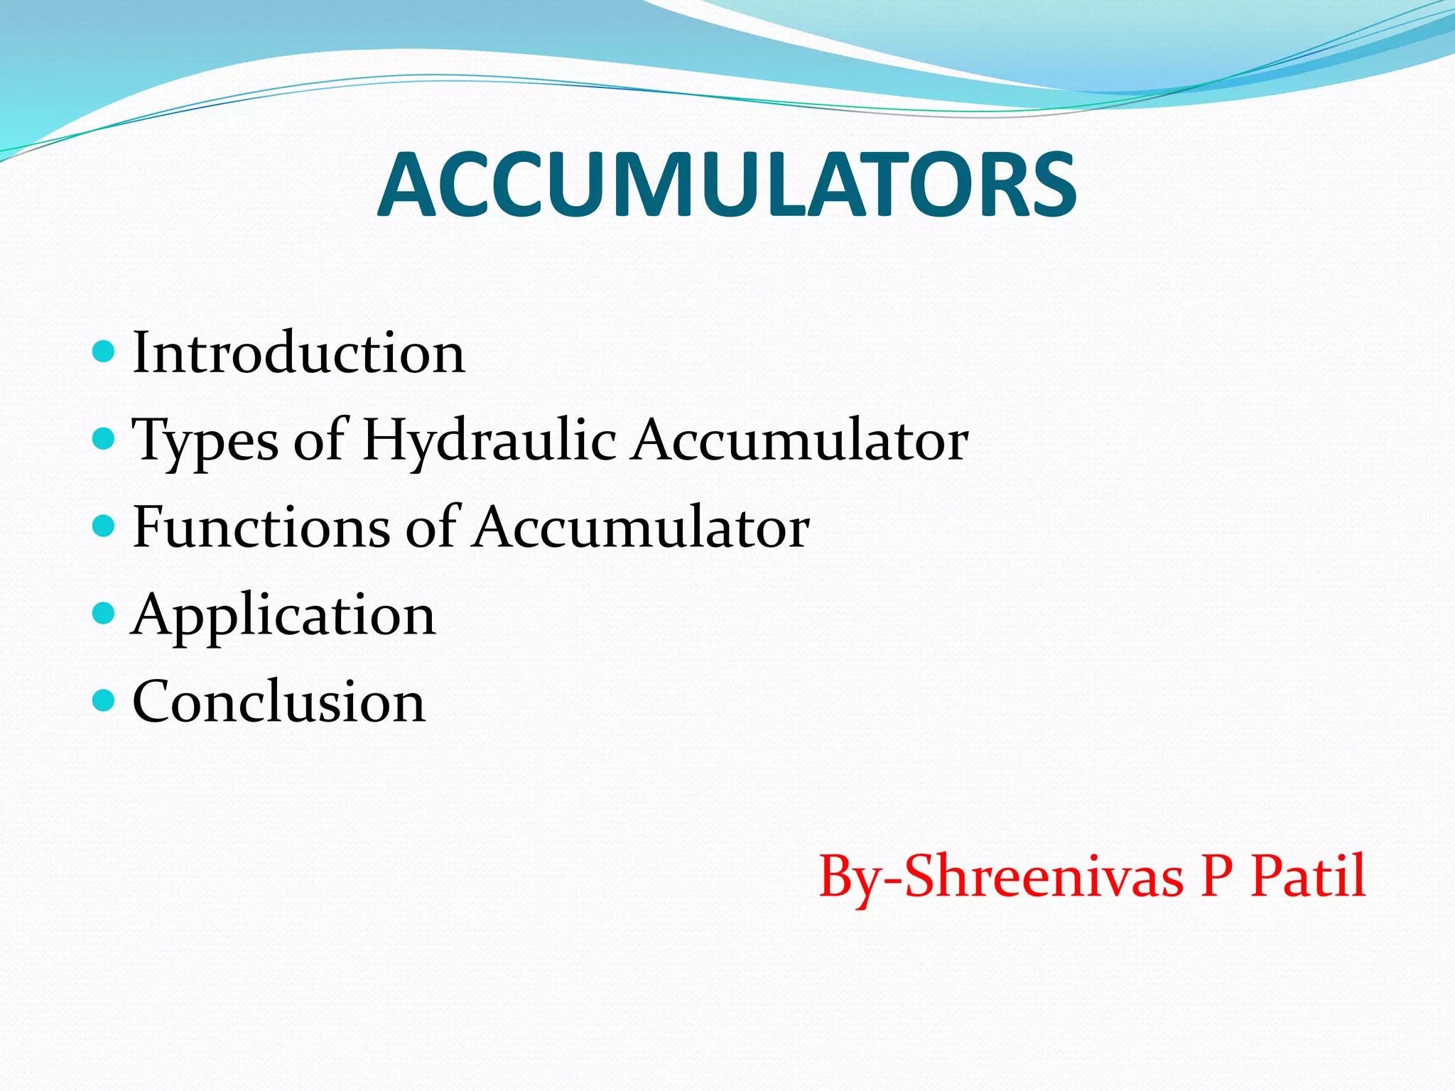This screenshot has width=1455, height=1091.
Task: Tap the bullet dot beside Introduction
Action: click(104, 351)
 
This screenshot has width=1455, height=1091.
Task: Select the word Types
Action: click(205, 440)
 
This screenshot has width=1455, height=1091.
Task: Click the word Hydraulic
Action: click(489, 440)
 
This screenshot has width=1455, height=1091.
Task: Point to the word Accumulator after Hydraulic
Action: click(801, 440)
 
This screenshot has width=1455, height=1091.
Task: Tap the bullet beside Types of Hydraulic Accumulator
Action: click(104, 438)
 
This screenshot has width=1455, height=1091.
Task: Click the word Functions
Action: click(261, 527)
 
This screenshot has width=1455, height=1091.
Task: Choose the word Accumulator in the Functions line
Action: click(642, 527)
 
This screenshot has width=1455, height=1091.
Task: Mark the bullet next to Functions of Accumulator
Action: click(104, 526)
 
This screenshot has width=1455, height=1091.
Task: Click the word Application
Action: click(283, 615)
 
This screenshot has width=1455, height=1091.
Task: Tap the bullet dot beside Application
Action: click(104, 613)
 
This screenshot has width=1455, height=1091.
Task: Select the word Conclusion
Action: click(278, 702)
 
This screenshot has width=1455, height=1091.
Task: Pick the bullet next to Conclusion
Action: click(104, 700)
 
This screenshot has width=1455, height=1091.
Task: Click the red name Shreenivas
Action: click(1044, 876)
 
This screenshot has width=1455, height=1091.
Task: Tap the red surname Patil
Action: click(1308, 876)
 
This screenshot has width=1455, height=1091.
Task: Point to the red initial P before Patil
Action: click(1216, 876)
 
